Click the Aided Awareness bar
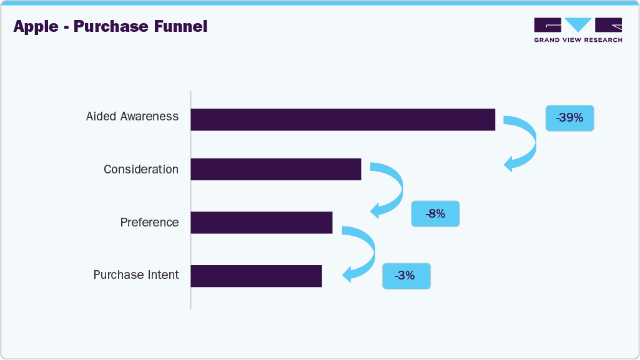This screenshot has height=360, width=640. pos(342,119)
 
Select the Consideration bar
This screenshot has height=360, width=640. pos(275,169)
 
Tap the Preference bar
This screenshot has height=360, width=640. pos(261,222)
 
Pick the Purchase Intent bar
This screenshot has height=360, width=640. pos(256,276)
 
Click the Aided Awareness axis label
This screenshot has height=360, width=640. pos(132,117)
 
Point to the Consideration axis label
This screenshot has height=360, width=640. pos(141,170)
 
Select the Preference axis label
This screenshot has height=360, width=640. pos(149,223)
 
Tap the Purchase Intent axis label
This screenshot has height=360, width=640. pos(136,275)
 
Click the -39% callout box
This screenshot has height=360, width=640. pos(569,118)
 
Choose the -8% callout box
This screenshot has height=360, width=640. pos(435,213)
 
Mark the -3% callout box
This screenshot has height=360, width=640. pos(406,276)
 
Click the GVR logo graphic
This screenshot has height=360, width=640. pos(578,25)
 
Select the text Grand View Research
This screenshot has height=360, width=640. pos(578,40)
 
